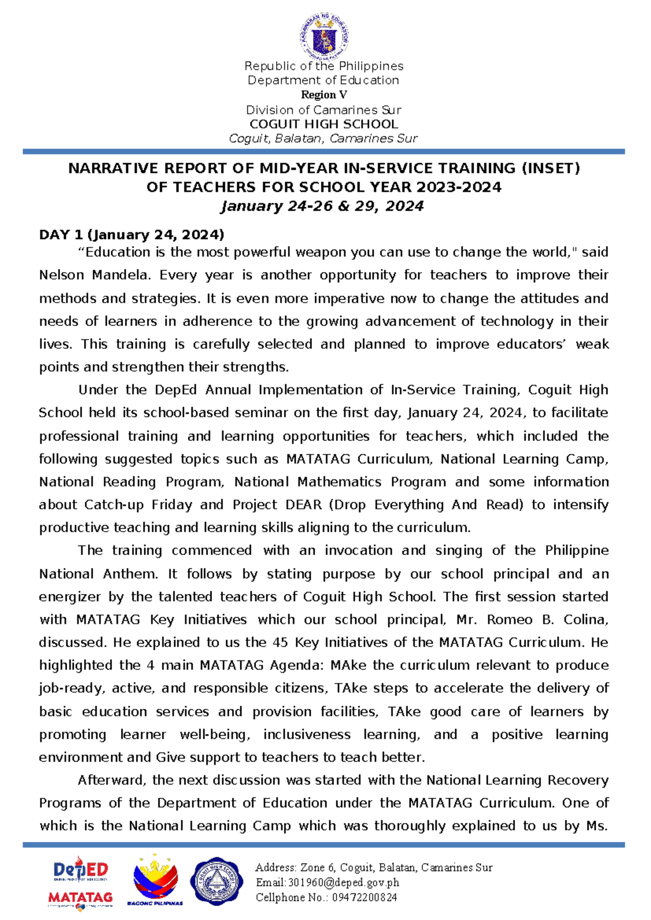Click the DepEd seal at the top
[324, 37]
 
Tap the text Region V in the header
[324, 95]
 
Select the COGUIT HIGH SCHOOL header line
[324, 124]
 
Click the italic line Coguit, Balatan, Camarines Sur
[323, 138]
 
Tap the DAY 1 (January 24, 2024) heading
[131, 235]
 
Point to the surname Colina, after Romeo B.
[586, 620]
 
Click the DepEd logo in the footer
[81, 870]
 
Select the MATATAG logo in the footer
[80, 898]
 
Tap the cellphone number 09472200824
[364, 898]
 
